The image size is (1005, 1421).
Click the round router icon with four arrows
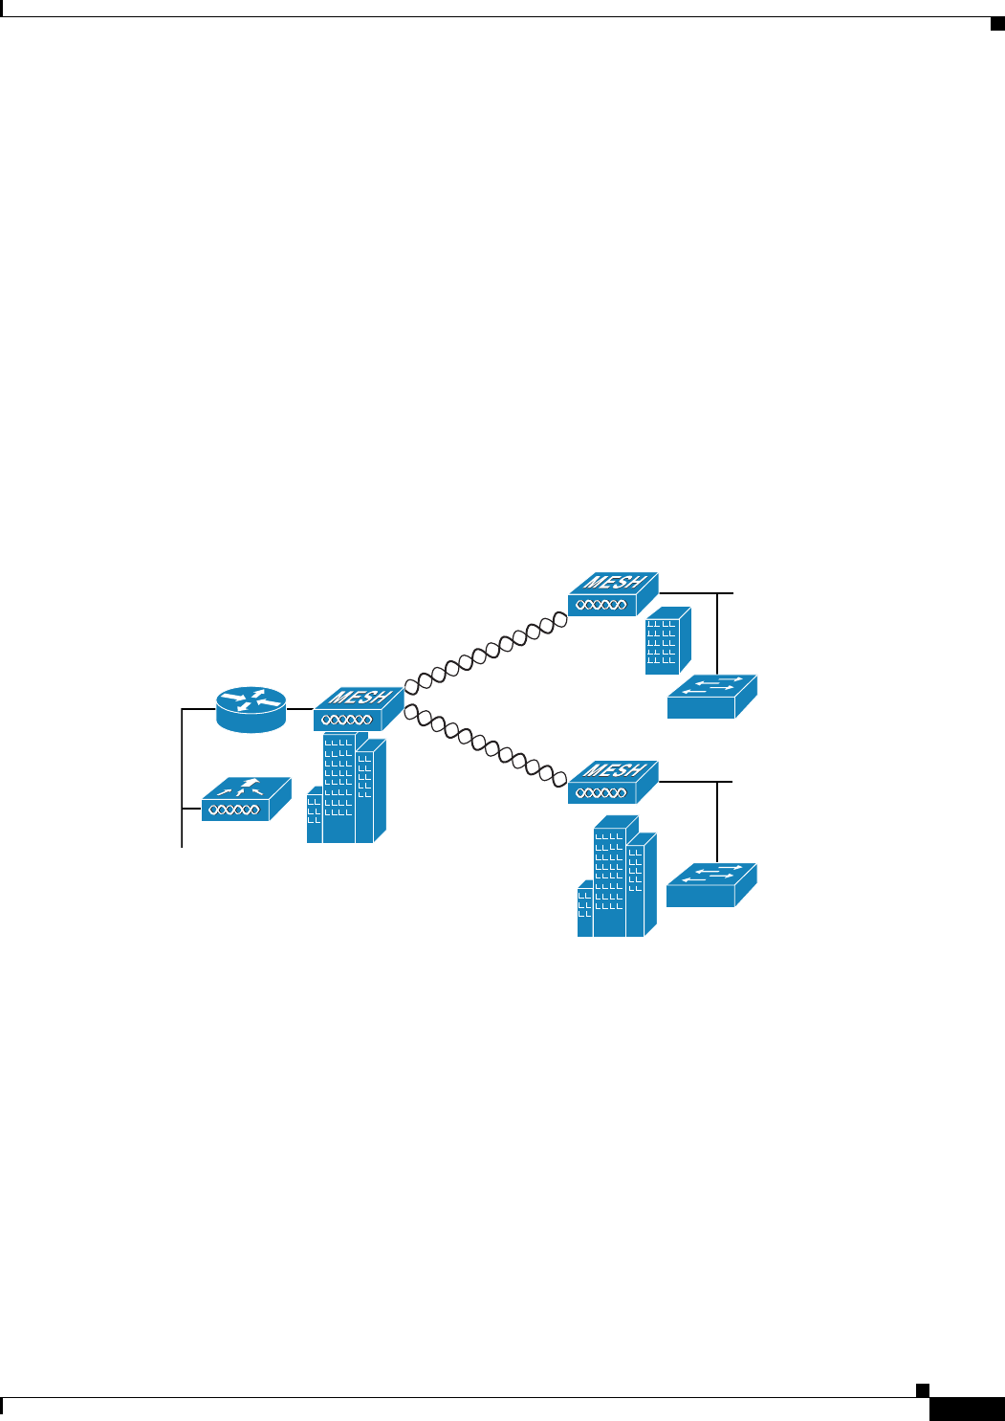[251, 709]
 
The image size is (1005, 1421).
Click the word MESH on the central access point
[359, 698]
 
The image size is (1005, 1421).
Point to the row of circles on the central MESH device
[346, 721]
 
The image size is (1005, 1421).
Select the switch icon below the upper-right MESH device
[711, 697]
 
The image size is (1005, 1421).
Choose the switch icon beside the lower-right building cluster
[710, 885]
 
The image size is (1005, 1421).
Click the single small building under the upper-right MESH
[666, 640]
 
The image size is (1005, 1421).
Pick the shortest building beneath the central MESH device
[314, 815]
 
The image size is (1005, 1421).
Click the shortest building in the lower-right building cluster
[584, 911]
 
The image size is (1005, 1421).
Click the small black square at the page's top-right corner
[997, 24]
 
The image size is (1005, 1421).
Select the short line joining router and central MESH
[300, 709]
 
